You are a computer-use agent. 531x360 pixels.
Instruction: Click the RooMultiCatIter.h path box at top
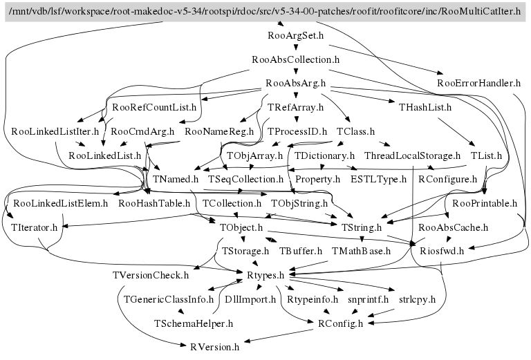(265, 12)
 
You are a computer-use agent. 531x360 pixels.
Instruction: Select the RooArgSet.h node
(295, 35)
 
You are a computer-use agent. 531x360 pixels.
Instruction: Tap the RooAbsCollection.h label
(295, 59)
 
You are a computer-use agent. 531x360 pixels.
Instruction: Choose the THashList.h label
(425, 107)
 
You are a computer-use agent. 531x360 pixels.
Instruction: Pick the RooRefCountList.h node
(154, 107)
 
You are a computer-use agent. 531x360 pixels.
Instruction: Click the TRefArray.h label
(295, 107)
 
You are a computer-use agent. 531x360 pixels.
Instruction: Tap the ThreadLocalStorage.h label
(412, 155)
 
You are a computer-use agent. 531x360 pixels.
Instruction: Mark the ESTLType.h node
(378, 180)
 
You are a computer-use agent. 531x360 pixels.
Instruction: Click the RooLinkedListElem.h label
(61, 203)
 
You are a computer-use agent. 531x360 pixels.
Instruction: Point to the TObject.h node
(241, 227)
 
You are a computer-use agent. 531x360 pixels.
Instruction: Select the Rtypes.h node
(265, 275)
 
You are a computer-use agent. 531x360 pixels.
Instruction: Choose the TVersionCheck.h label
(151, 275)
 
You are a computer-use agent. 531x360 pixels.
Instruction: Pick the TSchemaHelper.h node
(194, 323)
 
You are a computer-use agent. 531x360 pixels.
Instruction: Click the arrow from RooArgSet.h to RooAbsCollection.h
(295, 47)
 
